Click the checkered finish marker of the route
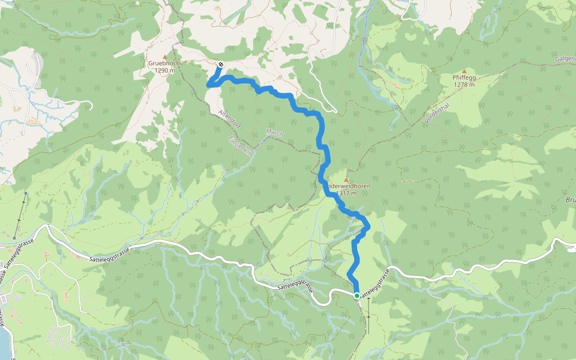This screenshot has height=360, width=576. (221, 64)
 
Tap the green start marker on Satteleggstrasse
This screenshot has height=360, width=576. (357, 295)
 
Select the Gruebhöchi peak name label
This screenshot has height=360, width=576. (164, 62)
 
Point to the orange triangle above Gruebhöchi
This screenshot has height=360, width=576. (164, 56)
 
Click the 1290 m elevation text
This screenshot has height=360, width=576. (164, 70)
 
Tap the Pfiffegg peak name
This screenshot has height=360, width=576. (464, 77)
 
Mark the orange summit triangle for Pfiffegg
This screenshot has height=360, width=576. (464, 71)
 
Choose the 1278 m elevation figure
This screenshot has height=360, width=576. (464, 85)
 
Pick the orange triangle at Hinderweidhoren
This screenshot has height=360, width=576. (346, 179)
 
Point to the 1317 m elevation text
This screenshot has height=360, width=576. (347, 193)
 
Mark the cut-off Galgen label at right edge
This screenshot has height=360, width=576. (566, 59)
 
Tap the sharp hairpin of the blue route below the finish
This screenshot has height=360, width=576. (209, 85)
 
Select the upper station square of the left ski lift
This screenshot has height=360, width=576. (26, 193)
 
